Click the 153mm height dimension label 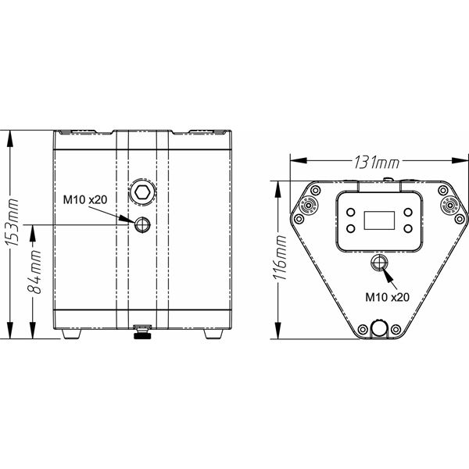(13, 222)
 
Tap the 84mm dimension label (34, 272)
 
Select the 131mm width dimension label (377, 163)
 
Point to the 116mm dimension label (280, 257)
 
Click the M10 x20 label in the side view (85, 199)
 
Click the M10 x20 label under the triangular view (388, 297)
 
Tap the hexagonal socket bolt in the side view (142, 192)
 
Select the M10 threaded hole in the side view (142, 224)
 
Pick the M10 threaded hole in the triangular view (379, 263)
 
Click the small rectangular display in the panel (379, 220)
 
